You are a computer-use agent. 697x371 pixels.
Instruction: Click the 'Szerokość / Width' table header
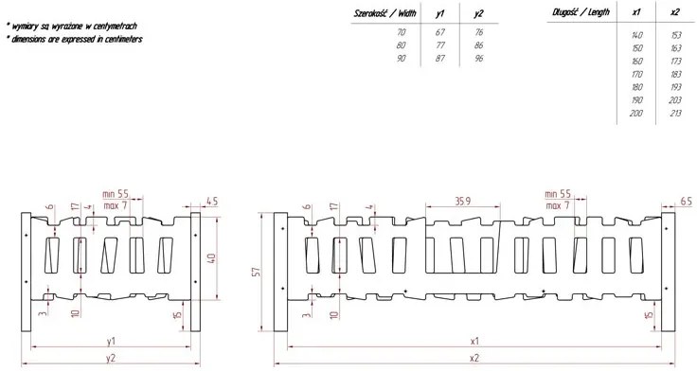384,13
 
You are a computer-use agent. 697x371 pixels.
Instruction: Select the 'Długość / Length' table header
581,12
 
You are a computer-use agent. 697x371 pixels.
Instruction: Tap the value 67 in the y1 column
440,32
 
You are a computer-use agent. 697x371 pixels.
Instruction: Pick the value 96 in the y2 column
479,58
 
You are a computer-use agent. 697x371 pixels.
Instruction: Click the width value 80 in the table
402,45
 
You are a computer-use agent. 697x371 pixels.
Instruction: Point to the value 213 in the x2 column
675,114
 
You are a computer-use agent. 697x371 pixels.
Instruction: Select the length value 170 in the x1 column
637,74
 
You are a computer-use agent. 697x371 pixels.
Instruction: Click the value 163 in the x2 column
675,48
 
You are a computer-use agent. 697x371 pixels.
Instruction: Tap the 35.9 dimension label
462,202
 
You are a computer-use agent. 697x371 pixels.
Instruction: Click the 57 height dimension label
257,272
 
